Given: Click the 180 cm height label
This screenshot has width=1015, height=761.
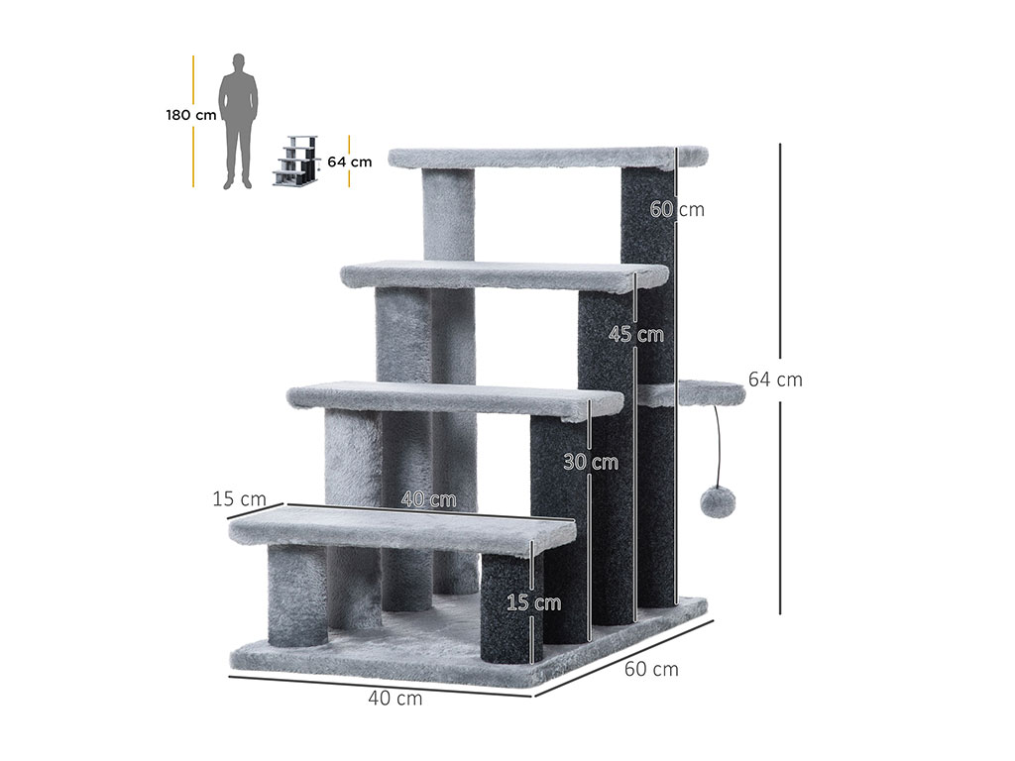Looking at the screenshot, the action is click(191, 116).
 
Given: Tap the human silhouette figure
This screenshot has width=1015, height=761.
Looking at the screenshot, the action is click(238, 121).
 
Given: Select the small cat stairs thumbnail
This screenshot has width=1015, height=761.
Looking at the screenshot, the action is click(295, 162).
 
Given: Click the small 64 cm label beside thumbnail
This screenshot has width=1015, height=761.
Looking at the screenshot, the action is click(350, 162).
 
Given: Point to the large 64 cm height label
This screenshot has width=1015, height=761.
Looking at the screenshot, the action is click(775, 380).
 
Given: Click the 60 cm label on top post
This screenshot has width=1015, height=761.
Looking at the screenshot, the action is click(676, 209).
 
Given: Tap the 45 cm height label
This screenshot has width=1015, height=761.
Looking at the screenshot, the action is click(635, 334).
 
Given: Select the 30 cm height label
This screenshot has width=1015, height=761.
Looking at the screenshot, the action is click(591, 462).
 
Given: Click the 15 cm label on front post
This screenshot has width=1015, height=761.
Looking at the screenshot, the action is click(533, 602).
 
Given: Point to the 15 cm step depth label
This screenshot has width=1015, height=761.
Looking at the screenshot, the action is click(240, 499).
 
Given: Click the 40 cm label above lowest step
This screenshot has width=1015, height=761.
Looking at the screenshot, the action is click(428, 499).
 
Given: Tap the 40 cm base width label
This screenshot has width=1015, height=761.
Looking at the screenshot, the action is click(395, 699).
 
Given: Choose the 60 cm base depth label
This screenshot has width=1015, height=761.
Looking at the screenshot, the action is click(651, 669).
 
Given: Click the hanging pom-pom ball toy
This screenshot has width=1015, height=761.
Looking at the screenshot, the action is click(718, 501).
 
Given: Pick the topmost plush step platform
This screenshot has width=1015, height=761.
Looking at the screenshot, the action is click(547, 158).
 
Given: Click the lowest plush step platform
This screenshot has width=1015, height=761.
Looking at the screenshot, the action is click(402, 530).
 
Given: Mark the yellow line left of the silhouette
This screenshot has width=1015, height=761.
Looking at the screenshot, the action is click(193, 122).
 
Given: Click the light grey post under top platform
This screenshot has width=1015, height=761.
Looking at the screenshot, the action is click(449, 215).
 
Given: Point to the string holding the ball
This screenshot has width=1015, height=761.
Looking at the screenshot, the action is click(718, 446).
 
